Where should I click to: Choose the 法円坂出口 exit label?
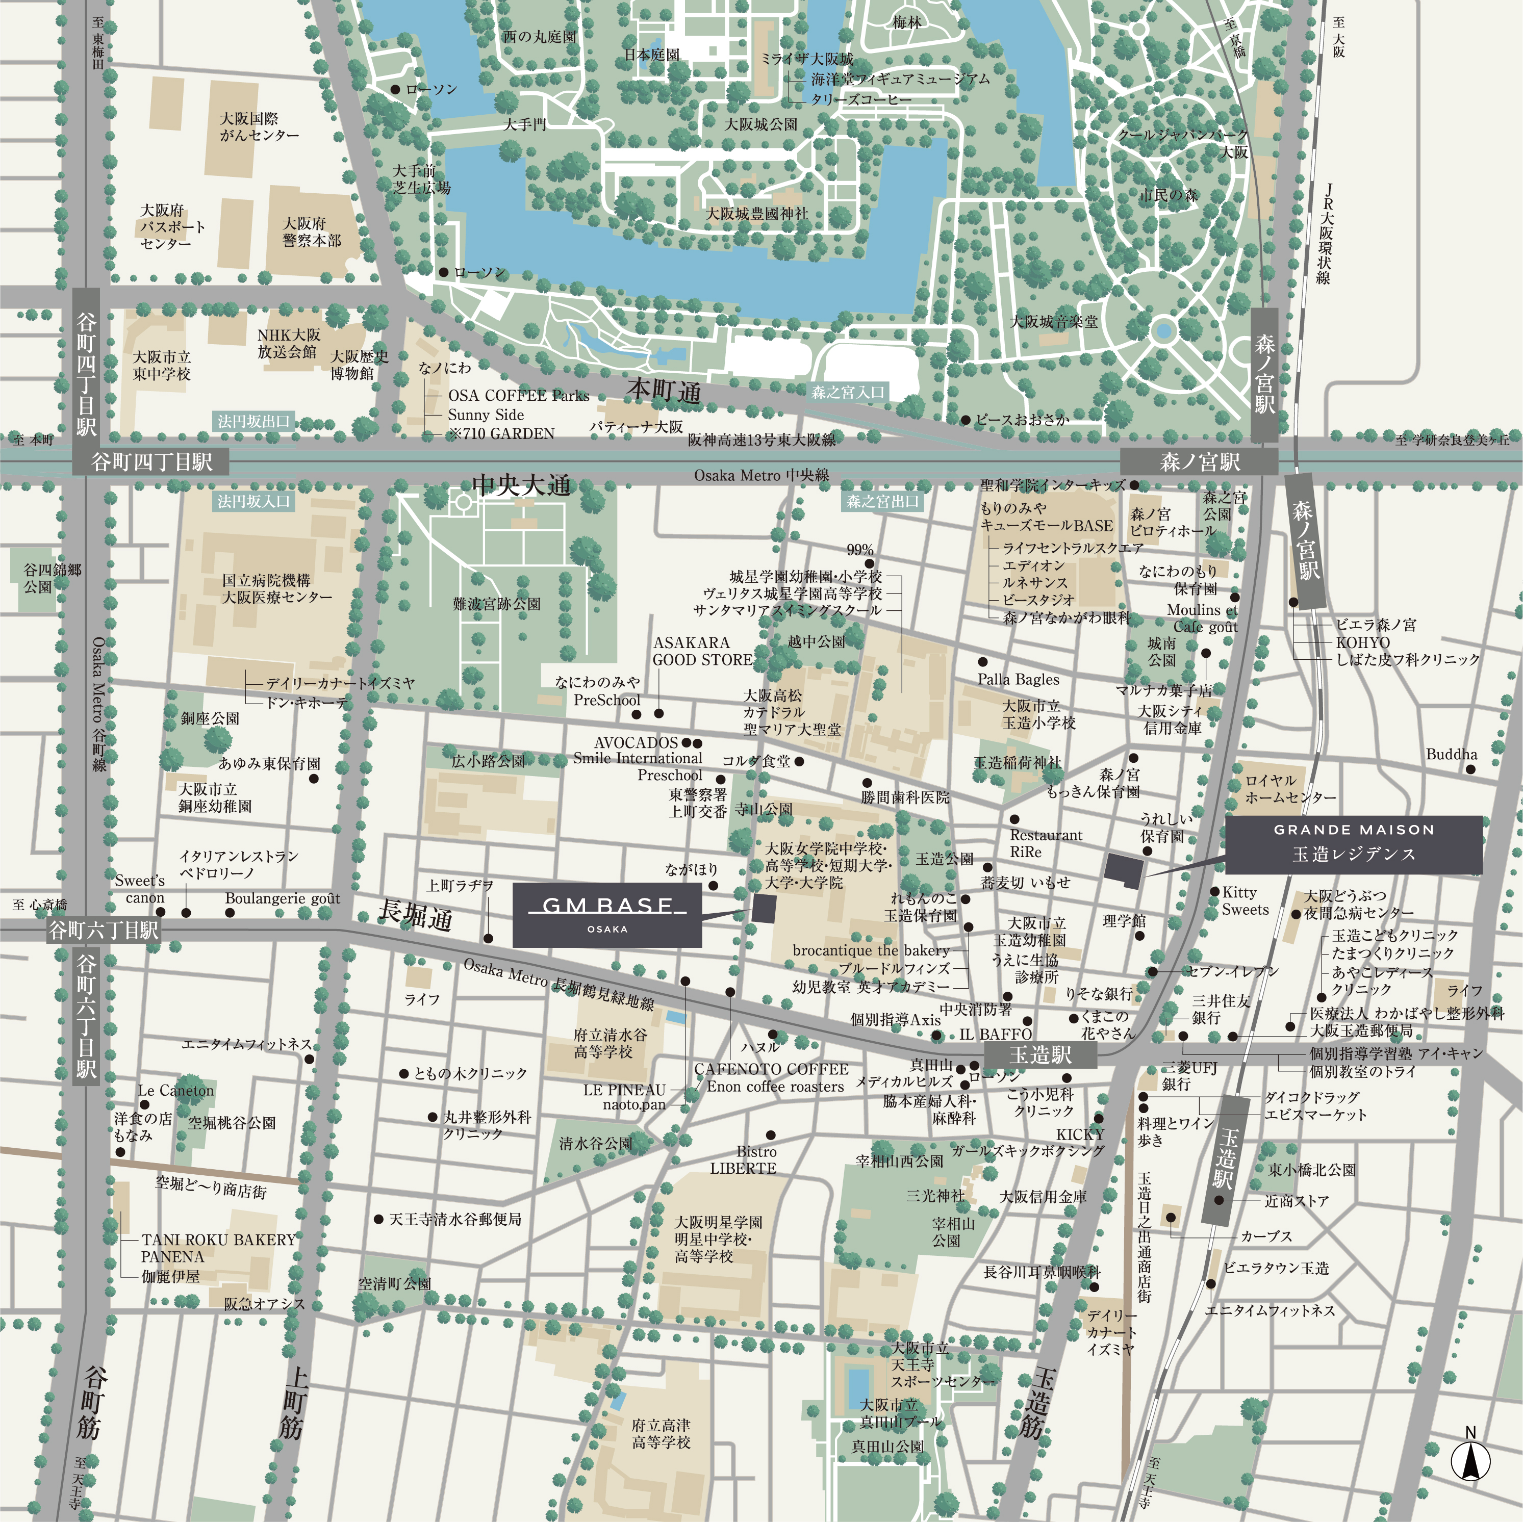(254, 422)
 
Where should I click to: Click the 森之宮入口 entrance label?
(848, 392)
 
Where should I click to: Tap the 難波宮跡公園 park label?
(497, 604)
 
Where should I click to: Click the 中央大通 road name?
(521, 485)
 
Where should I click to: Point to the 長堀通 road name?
(416, 914)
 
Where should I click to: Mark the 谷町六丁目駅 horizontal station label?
(104, 930)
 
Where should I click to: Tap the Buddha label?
(1451, 754)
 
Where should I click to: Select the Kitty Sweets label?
(1245, 901)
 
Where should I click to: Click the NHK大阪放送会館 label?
(289, 344)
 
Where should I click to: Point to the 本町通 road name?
(664, 391)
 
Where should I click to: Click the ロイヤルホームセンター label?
(1290, 789)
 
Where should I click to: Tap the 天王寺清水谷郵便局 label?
(455, 1219)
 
